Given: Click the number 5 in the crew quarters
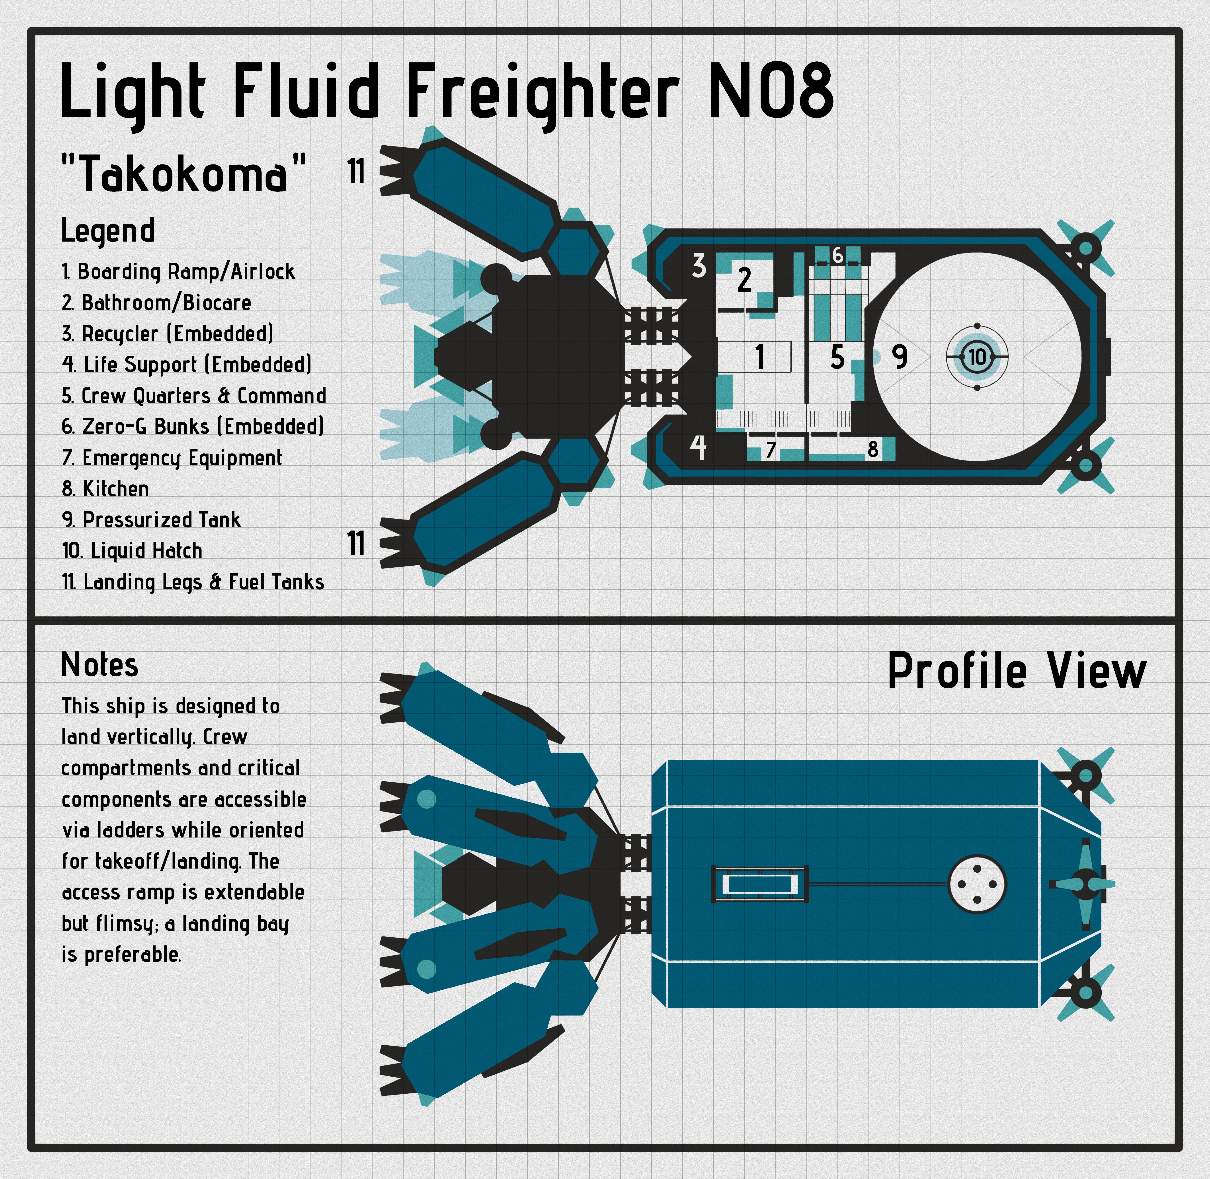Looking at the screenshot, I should point(837,357).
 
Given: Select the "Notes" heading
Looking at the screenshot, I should point(100,666).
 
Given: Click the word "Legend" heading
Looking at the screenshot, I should point(108,231).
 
